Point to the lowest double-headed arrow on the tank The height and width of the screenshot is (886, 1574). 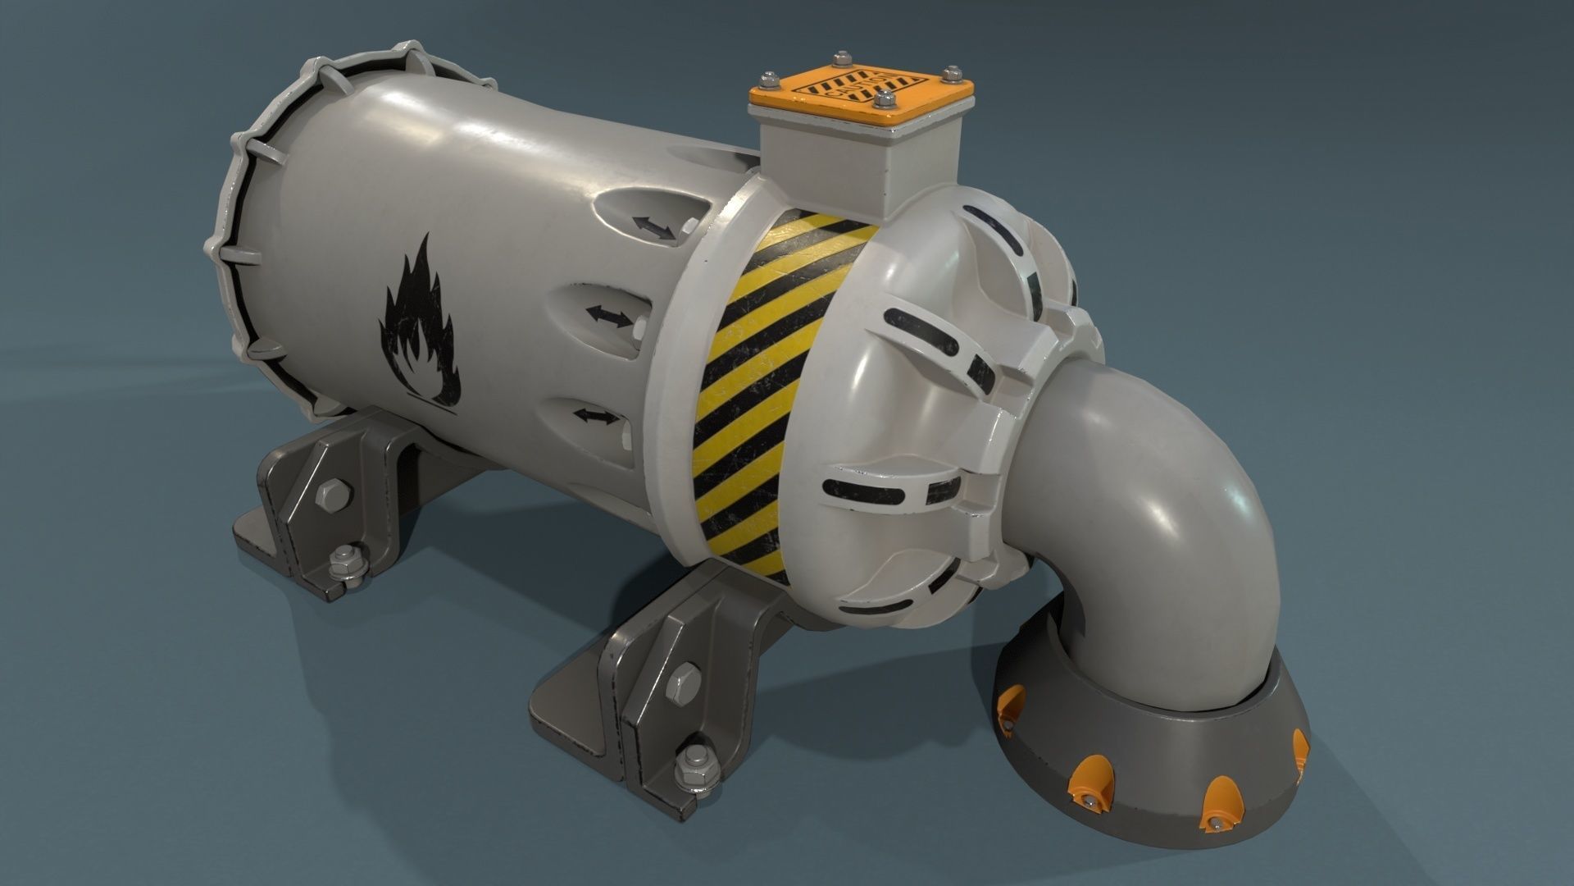click(x=595, y=417)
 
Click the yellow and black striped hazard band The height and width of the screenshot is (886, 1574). click(x=775, y=386)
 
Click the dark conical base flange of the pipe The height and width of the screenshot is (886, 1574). click(x=1148, y=755)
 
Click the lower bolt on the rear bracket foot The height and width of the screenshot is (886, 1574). click(x=342, y=563)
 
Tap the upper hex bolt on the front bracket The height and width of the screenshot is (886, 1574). click(x=685, y=682)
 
